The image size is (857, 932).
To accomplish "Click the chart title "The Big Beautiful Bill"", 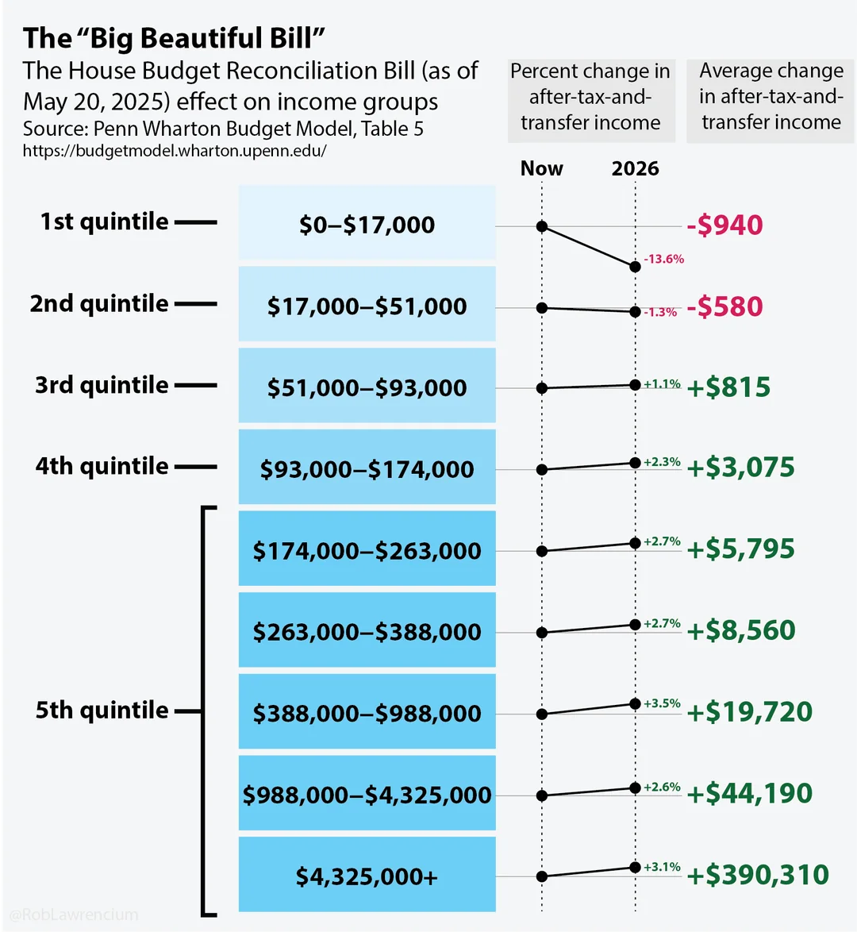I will (x=175, y=38).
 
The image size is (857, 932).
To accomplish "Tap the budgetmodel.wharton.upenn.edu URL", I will (x=175, y=151).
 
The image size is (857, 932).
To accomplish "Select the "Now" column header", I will (x=541, y=168).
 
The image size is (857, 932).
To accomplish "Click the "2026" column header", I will (x=635, y=168).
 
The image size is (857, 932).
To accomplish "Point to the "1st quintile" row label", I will (x=105, y=221).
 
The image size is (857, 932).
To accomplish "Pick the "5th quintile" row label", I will (x=102, y=710).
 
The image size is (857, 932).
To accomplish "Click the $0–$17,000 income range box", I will (x=367, y=225).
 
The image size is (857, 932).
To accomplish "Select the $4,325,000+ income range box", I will (x=367, y=876).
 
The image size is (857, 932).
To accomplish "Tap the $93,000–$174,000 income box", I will (x=367, y=469).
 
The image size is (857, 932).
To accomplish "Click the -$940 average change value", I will (x=724, y=225).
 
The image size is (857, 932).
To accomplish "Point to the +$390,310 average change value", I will (x=758, y=875).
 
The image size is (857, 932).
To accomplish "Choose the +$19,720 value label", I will (x=749, y=712).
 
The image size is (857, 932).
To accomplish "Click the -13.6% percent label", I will (x=663, y=260).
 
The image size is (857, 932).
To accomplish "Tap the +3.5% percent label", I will (x=662, y=703).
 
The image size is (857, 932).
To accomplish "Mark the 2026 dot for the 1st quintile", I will (x=635, y=267).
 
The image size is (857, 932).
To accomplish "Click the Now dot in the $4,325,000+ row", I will (x=542, y=877).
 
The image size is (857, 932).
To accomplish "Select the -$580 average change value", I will (x=724, y=307).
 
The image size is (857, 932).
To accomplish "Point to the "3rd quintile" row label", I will (x=102, y=385).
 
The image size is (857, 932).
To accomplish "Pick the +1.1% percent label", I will (x=662, y=384).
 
